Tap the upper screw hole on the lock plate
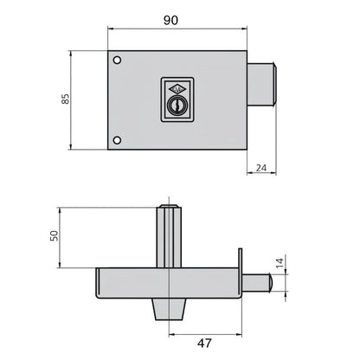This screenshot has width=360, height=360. [118, 61]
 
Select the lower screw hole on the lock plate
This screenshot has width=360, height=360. [118, 140]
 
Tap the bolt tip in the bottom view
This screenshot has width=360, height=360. [270, 281]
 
